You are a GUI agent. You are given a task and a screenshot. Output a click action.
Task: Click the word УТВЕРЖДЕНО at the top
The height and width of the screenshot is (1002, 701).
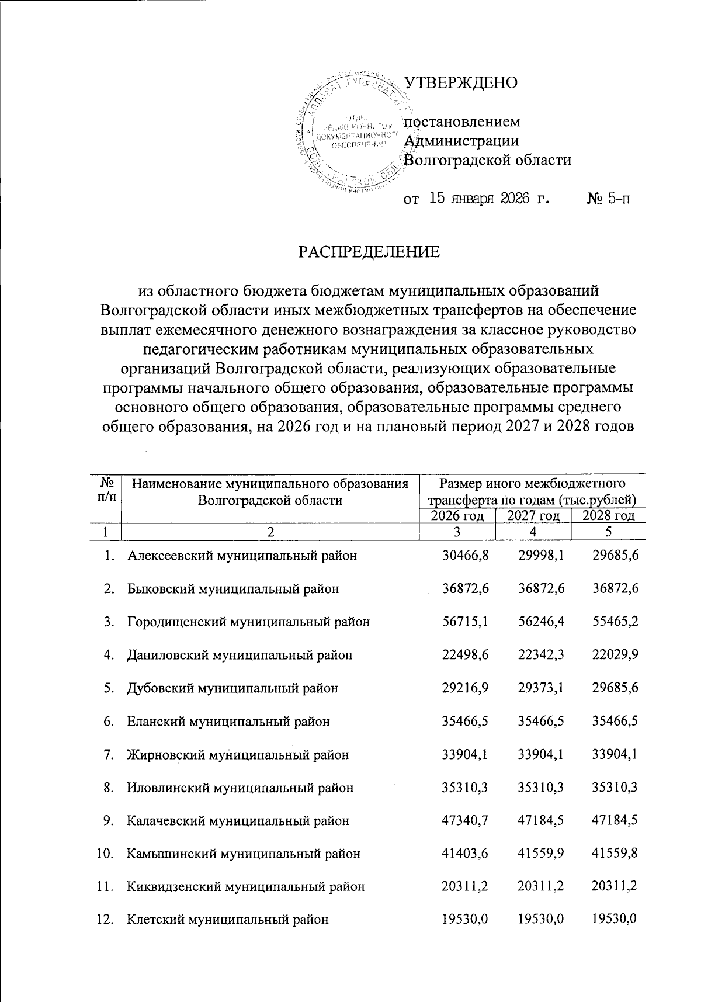coord(461,82)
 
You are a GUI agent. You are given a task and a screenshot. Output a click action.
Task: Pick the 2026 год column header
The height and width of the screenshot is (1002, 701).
coord(457,515)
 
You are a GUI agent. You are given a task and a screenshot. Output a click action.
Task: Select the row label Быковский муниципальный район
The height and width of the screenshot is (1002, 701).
coord(233,589)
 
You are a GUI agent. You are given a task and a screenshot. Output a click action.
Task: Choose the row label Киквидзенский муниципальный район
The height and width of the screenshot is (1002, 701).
coord(246,887)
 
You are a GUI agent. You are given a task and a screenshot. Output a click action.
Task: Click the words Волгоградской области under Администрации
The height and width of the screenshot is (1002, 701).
coord(488,160)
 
